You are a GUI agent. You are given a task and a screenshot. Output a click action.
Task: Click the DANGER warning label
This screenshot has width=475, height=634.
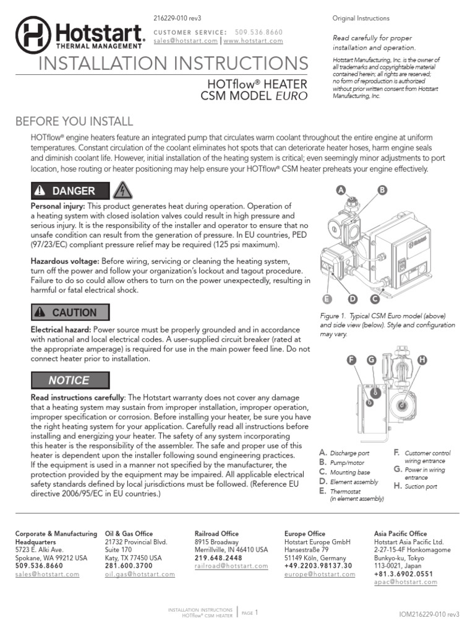pyautogui.click(x=69, y=191)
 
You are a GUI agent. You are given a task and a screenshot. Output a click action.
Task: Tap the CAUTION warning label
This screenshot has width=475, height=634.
pyautogui.click(x=69, y=313)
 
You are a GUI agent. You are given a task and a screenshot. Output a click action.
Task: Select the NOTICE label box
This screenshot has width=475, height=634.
pyautogui.click(x=69, y=380)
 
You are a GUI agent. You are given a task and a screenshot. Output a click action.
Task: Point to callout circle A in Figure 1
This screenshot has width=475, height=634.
pyautogui.click(x=340, y=191)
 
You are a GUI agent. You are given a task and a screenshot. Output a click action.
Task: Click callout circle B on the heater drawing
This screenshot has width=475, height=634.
pyautogui.click(x=382, y=191)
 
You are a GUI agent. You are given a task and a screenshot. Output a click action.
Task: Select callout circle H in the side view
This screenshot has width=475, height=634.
pyautogui.click(x=422, y=360)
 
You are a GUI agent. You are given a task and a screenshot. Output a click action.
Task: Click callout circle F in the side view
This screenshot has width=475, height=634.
pyautogui.click(x=351, y=360)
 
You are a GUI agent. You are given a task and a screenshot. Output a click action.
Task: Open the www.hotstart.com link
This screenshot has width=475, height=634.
pyautogui.click(x=253, y=41)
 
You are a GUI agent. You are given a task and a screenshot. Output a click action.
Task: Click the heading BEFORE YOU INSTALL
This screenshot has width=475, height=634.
pyautogui.click(x=74, y=121)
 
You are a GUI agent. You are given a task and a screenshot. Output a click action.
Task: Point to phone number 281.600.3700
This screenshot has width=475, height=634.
pyautogui.click(x=129, y=566)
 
